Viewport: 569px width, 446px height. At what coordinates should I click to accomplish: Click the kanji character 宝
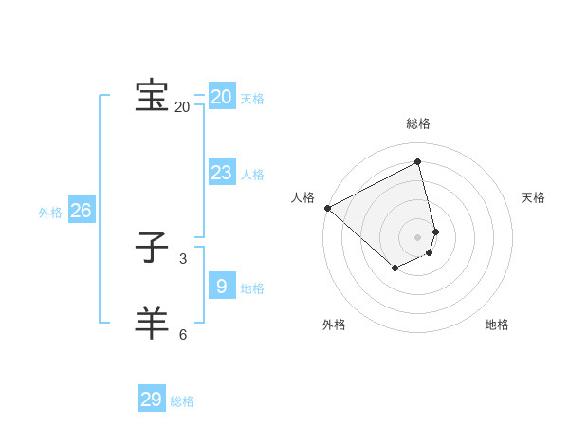[x=152, y=96]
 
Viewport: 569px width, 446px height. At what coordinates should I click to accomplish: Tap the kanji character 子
[x=152, y=249]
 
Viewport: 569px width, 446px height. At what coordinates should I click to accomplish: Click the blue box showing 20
[x=222, y=97]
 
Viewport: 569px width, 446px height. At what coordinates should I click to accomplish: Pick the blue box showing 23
[x=222, y=173]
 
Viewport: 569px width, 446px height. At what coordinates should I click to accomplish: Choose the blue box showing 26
[x=81, y=211]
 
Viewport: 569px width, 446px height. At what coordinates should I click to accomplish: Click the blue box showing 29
[x=152, y=400]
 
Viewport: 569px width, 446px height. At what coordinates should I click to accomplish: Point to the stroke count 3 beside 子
[x=183, y=258]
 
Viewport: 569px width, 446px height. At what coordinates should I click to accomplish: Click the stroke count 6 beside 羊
[x=183, y=334]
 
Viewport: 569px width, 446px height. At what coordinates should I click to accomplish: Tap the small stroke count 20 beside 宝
[x=182, y=107]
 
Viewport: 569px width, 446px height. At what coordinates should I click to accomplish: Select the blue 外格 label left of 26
[x=50, y=213]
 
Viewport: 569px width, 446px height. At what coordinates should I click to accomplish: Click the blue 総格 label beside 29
[x=182, y=401]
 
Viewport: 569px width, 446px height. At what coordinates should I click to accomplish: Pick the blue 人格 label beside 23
[x=252, y=175]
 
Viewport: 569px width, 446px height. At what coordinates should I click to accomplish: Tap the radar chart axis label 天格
[x=534, y=197]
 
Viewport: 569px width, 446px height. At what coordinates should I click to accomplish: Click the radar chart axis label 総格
[x=418, y=123]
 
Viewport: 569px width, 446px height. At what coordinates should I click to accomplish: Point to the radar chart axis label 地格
[x=497, y=325]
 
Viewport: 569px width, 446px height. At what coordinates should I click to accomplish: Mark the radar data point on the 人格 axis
[x=327, y=208]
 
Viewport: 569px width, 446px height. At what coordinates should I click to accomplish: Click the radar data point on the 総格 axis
[x=418, y=162]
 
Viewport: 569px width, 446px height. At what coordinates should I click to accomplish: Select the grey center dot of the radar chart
[x=418, y=236]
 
